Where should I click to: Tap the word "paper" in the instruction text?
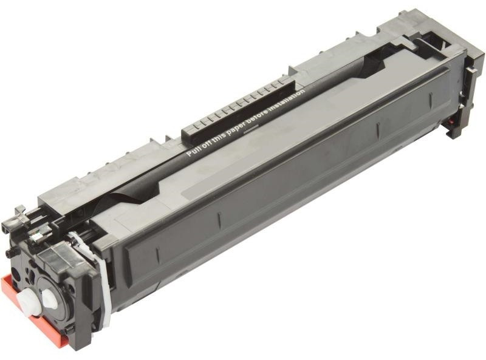[235, 127]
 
